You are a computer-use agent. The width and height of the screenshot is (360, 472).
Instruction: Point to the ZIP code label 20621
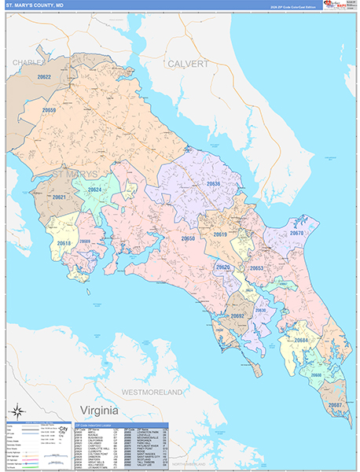[57, 197]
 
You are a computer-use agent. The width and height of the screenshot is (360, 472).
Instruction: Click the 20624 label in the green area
[94, 190]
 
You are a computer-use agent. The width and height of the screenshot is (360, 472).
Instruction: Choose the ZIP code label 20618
[64, 244]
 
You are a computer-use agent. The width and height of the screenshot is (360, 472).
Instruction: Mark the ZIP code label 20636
[213, 183]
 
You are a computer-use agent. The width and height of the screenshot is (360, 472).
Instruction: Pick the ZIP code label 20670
[296, 233]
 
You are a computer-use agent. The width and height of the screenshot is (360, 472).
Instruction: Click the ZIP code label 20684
[300, 340]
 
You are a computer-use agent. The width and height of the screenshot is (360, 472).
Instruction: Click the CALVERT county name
[187, 64]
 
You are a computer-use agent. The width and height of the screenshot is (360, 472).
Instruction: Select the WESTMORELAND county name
[151, 391]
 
